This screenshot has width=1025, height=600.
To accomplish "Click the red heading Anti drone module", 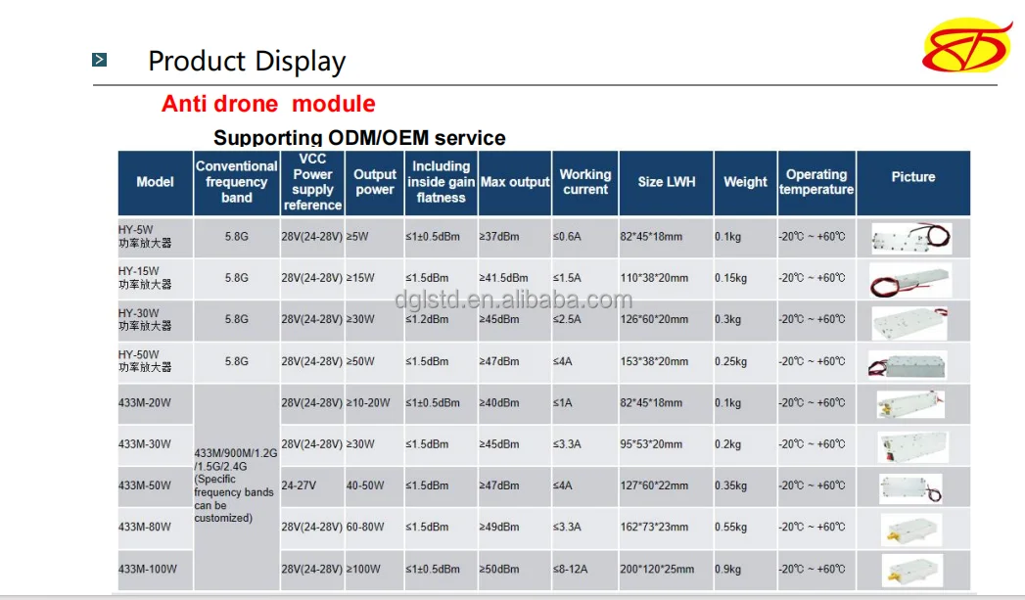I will pos(267,104).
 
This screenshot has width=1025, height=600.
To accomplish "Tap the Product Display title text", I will pos(247,62).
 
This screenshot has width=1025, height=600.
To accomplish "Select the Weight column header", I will pos(745,182).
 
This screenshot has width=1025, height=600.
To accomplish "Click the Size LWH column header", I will pos(666,182).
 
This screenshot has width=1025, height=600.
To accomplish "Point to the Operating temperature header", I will pos(816,182).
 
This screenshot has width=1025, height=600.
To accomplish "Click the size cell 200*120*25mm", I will pos(657,569).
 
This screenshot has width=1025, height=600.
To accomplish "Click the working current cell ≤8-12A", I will pos(574,569).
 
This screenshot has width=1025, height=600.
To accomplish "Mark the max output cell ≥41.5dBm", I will pos(503,278).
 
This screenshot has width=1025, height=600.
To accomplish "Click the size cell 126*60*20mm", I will pos(654,319).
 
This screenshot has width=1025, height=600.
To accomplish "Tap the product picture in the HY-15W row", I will pos(910,280).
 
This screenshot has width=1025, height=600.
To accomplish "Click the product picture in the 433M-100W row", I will pos(910,569).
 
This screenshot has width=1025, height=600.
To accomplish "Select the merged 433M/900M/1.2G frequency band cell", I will pos(236,485).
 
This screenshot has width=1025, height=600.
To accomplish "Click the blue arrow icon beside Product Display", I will pos(100,61).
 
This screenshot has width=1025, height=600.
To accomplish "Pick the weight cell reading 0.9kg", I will pos(727,569).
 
